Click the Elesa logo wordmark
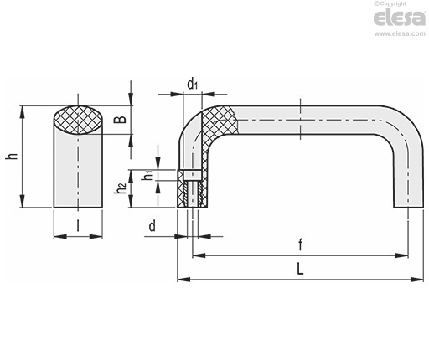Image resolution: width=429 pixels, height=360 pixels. [400, 18]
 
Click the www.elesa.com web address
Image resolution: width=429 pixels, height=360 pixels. [400, 33]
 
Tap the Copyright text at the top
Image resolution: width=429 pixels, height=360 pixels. [390, 3]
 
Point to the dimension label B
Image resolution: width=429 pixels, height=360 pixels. [120, 120]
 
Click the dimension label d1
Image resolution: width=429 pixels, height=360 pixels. [192, 84]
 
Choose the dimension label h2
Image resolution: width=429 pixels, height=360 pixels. [121, 189]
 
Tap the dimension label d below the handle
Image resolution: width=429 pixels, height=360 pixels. [152, 226]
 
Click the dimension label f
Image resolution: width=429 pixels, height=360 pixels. [300, 244]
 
